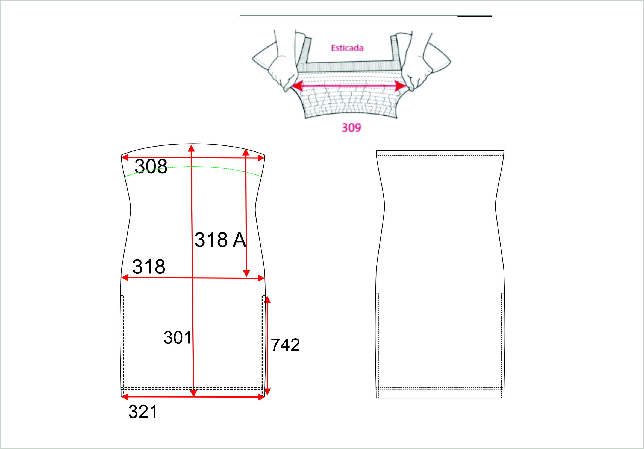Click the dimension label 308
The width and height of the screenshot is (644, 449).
click(x=151, y=166)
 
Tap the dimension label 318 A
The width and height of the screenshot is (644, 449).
click(x=220, y=240)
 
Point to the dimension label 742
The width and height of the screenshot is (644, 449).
click(x=285, y=345)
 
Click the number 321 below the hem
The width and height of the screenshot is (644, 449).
click(x=143, y=412)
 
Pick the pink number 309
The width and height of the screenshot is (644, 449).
click(x=351, y=128)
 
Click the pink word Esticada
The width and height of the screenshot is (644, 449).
click(x=347, y=48)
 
